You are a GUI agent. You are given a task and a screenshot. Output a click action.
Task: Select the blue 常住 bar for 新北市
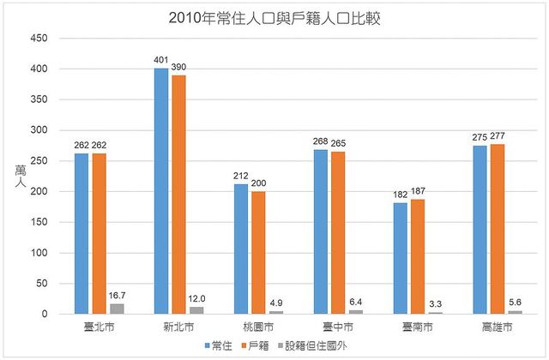[160, 192]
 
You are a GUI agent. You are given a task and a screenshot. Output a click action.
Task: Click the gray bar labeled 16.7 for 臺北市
[117, 309]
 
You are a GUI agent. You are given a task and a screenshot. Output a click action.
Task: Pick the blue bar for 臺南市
[401, 259]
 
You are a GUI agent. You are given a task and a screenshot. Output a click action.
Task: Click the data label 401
[160, 61]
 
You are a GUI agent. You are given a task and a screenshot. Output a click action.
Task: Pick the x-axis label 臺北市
[98, 327]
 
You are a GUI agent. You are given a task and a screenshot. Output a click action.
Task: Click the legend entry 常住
[220, 345]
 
